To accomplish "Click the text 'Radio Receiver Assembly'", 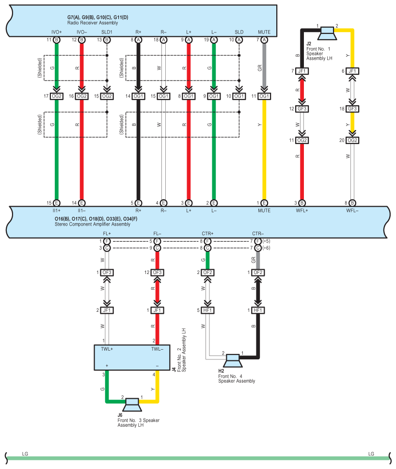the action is (x=93, y=23).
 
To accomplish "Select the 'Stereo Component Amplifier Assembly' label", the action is (x=93, y=224).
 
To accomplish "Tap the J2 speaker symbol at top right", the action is (x=327, y=33).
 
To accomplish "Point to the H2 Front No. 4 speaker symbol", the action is (x=233, y=360).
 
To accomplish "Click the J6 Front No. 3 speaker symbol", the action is (x=132, y=404).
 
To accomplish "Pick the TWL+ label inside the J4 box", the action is (x=107, y=349).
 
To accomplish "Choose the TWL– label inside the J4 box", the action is (x=157, y=349).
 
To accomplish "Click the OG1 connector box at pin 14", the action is (x=138, y=96).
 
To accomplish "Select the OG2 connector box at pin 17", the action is (x=57, y=96).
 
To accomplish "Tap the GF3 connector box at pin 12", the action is (x=302, y=109).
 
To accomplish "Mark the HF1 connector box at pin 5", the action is (x=207, y=310).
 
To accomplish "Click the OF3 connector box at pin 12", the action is (x=157, y=273).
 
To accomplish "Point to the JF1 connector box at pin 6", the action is (x=352, y=71).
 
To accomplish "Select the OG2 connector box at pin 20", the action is (x=352, y=140).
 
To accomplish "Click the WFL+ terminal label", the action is (x=302, y=210).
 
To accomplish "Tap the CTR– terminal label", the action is (x=258, y=234).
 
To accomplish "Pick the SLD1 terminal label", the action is (x=107, y=32).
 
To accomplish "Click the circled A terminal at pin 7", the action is (x=264, y=40).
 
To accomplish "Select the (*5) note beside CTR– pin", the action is (x=266, y=241).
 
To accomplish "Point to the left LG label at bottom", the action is (x=25, y=454).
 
